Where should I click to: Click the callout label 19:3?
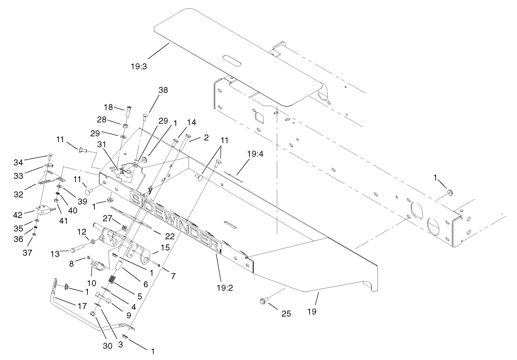click(x=139, y=66)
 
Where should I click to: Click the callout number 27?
click(x=108, y=218)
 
